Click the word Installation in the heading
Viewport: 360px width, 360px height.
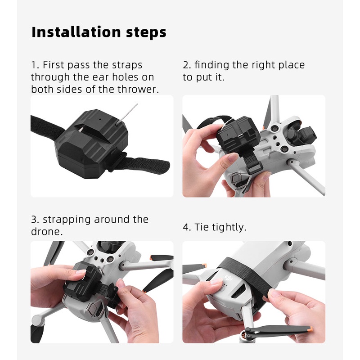click(76, 32)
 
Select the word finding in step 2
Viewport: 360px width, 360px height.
click(211, 65)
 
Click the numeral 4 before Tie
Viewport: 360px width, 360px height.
click(185, 227)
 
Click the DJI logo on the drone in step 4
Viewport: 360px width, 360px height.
click(229, 279)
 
